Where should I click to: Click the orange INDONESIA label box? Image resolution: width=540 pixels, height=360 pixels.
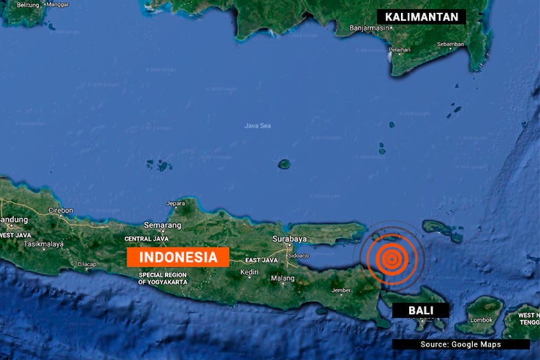[x=178, y=257]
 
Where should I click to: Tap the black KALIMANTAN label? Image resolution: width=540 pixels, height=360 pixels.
[x=422, y=17]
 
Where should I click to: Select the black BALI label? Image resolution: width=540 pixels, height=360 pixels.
[x=420, y=310]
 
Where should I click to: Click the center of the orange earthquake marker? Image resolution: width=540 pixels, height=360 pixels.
[x=390, y=260]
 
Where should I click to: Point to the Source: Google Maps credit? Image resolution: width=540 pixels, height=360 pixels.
[x=460, y=345]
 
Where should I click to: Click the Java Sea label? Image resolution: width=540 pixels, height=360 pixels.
[x=258, y=125]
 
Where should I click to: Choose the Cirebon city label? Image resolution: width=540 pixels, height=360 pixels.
[x=60, y=210]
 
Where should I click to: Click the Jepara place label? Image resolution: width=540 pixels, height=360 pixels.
[x=175, y=204]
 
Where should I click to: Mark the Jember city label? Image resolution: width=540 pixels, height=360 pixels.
[x=341, y=290]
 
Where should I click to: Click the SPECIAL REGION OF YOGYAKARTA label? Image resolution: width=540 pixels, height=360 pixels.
[x=162, y=278]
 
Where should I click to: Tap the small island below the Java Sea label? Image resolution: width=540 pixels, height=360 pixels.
[x=283, y=164]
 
